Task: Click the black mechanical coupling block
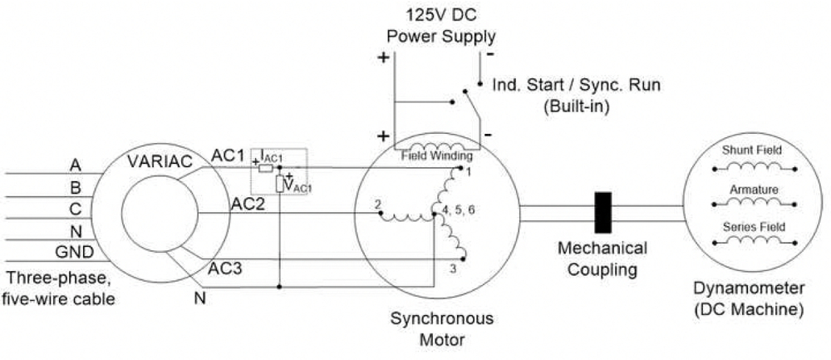tap(603, 213)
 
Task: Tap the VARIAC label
tap(160, 161)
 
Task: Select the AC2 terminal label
tap(248, 204)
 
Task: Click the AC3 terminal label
tap(224, 269)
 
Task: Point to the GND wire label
tap(75, 252)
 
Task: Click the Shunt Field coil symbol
tap(755, 168)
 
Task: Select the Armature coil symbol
tap(755, 202)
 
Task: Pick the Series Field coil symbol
tap(755, 241)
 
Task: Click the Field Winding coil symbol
tap(437, 145)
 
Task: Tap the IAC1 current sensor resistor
tap(266, 169)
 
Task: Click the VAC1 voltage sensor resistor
tap(279, 184)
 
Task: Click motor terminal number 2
tap(377, 205)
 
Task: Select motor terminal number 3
tap(453, 269)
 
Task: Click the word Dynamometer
tap(749, 289)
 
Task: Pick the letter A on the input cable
tap(76, 166)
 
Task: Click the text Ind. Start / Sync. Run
tap(577, 85)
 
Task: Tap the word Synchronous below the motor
tap(442, 318)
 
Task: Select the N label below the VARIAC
tap(199, 298)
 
